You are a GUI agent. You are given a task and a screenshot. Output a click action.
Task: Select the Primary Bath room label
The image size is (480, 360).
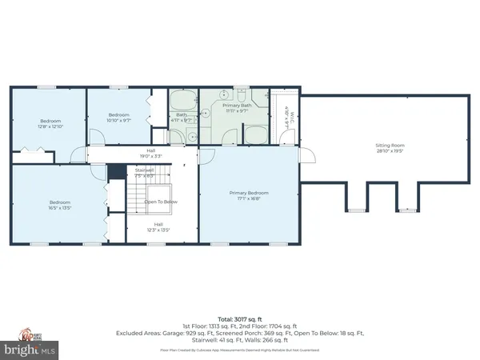click(x=237, y=109)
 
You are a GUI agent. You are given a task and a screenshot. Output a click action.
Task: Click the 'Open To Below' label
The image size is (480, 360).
click(x=160, y=202)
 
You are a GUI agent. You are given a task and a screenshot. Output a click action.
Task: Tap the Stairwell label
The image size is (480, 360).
click(x=145, y=172)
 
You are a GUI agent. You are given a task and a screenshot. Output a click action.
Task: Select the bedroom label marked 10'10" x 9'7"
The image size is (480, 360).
click(x=118, y=118)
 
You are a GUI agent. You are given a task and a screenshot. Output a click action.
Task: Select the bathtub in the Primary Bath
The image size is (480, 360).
click(x=256, y=134)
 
